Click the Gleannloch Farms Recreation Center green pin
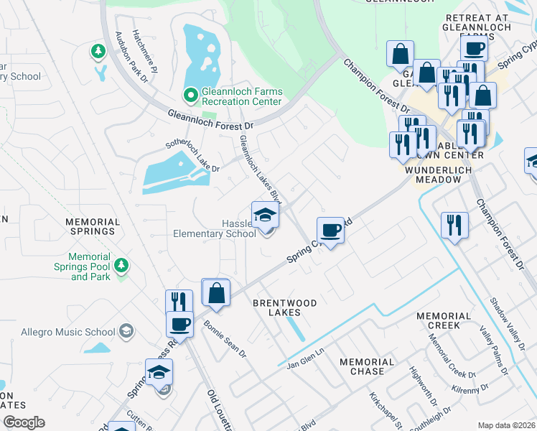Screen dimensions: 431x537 coord(190,95)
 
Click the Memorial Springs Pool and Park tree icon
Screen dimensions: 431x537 coord(121,266)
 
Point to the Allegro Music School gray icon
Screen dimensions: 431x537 coord(126,330)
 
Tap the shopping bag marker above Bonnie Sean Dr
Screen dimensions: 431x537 coord(216,294)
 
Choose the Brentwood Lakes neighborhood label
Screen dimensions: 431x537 coord(284,308)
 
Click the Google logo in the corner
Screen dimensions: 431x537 coord(24,422)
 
